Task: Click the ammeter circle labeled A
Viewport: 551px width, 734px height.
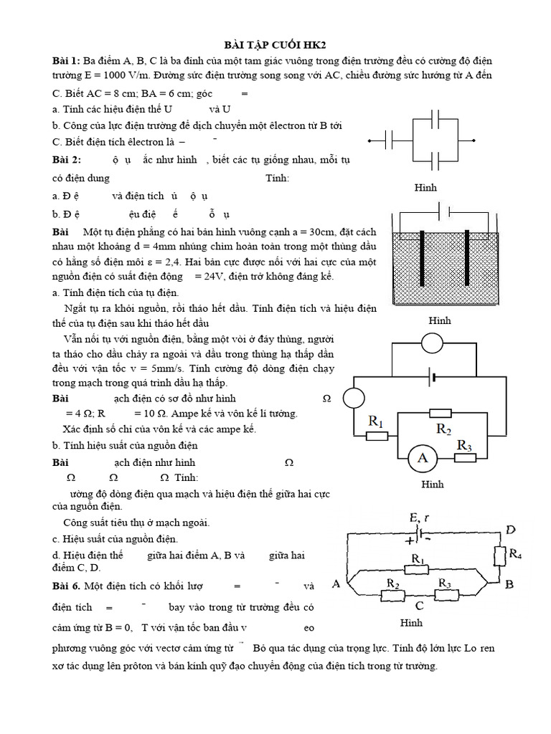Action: (x=423, y=458)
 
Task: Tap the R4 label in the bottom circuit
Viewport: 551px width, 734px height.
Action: (x=514, y=553)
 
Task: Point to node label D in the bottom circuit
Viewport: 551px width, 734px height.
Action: (x=510, y=530)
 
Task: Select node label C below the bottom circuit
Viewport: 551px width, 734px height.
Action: (x=418, y=606)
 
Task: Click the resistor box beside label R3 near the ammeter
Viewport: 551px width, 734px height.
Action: (x=466, y=457)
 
